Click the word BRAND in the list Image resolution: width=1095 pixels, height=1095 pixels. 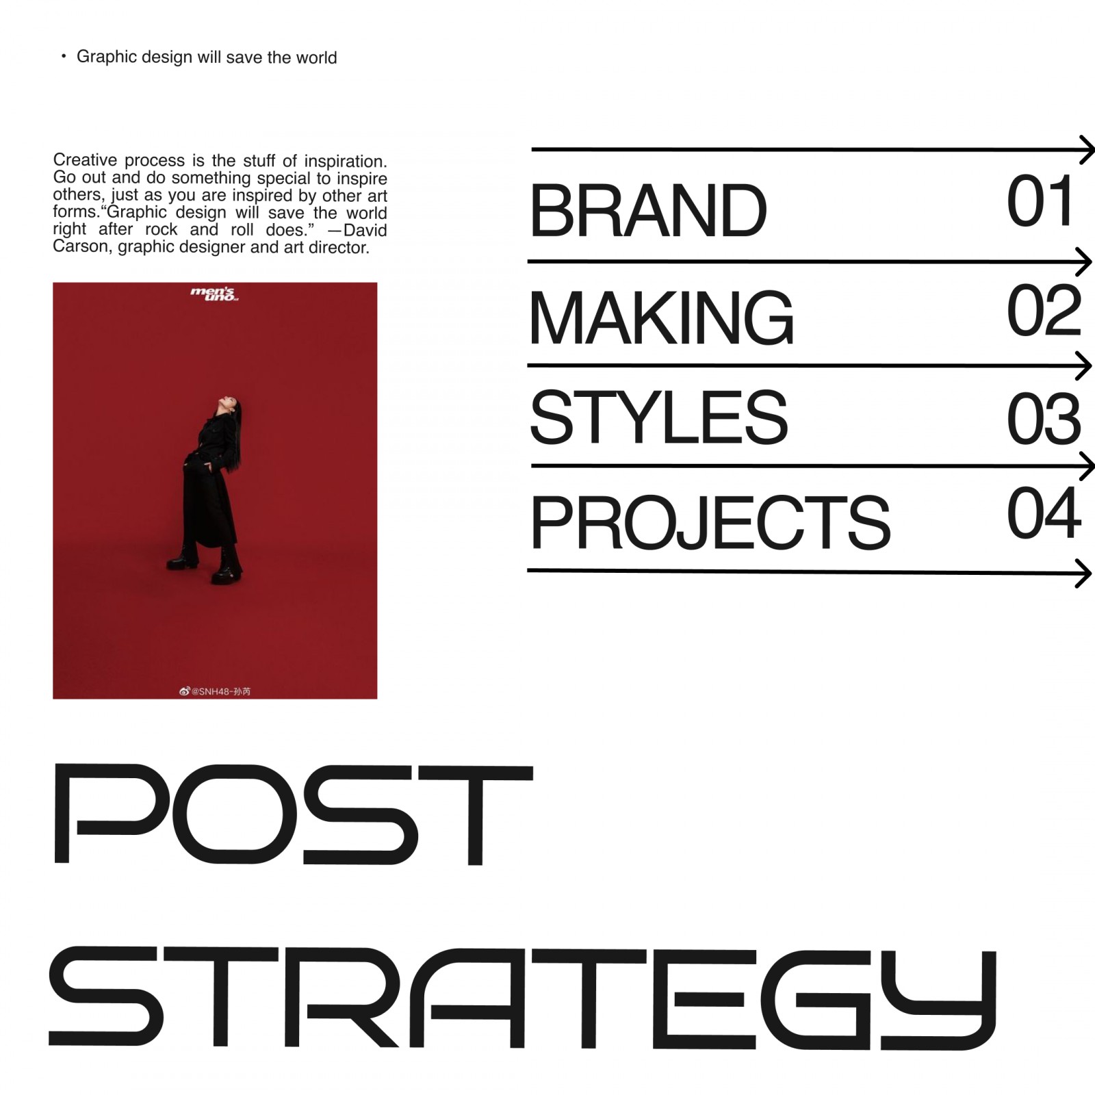[648, 210]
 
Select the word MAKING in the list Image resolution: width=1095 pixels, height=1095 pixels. [662, 317]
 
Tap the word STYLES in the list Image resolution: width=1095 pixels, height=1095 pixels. [659, 417]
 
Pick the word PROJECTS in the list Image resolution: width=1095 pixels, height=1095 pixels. [710, 522]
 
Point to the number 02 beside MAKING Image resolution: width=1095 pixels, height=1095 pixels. [1044, 311]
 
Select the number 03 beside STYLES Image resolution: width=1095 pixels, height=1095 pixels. [1044, 417]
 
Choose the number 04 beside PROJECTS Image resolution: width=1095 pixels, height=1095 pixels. [1044, 513]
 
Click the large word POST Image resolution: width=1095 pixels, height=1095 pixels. [292, 814]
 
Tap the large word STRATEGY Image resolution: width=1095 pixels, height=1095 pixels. [522, 999]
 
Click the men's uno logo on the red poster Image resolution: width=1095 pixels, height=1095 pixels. [214, 295]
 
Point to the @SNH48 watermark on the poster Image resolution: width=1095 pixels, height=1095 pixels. [215, 691]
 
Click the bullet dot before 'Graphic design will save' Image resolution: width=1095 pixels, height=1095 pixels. [64, 56]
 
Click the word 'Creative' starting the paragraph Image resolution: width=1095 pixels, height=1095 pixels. [85, 160]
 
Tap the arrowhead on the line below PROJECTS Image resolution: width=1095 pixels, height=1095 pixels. [1083, 573]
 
